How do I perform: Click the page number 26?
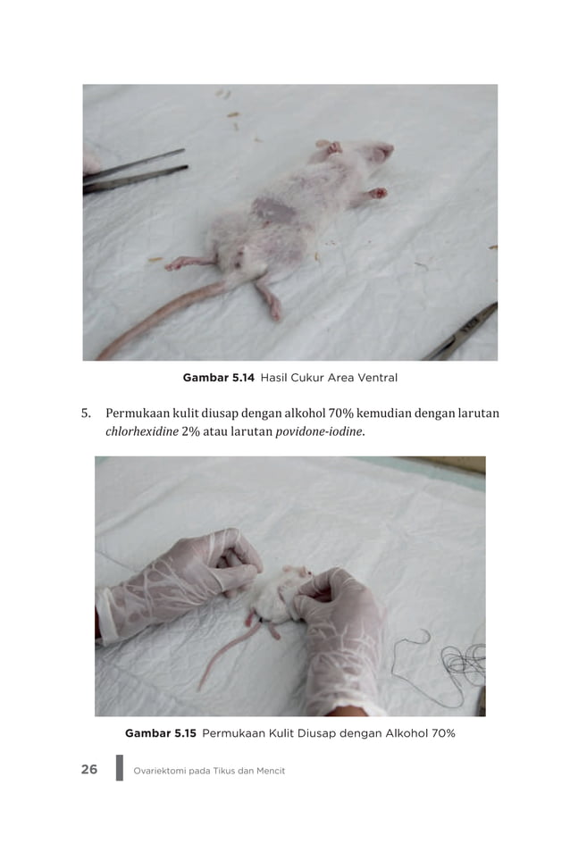pos(89,769)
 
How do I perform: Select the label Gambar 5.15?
pos(160,733)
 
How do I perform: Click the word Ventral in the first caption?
pos(374,378)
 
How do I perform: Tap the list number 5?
pos(86,414)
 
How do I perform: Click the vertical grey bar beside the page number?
pos(120,768)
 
